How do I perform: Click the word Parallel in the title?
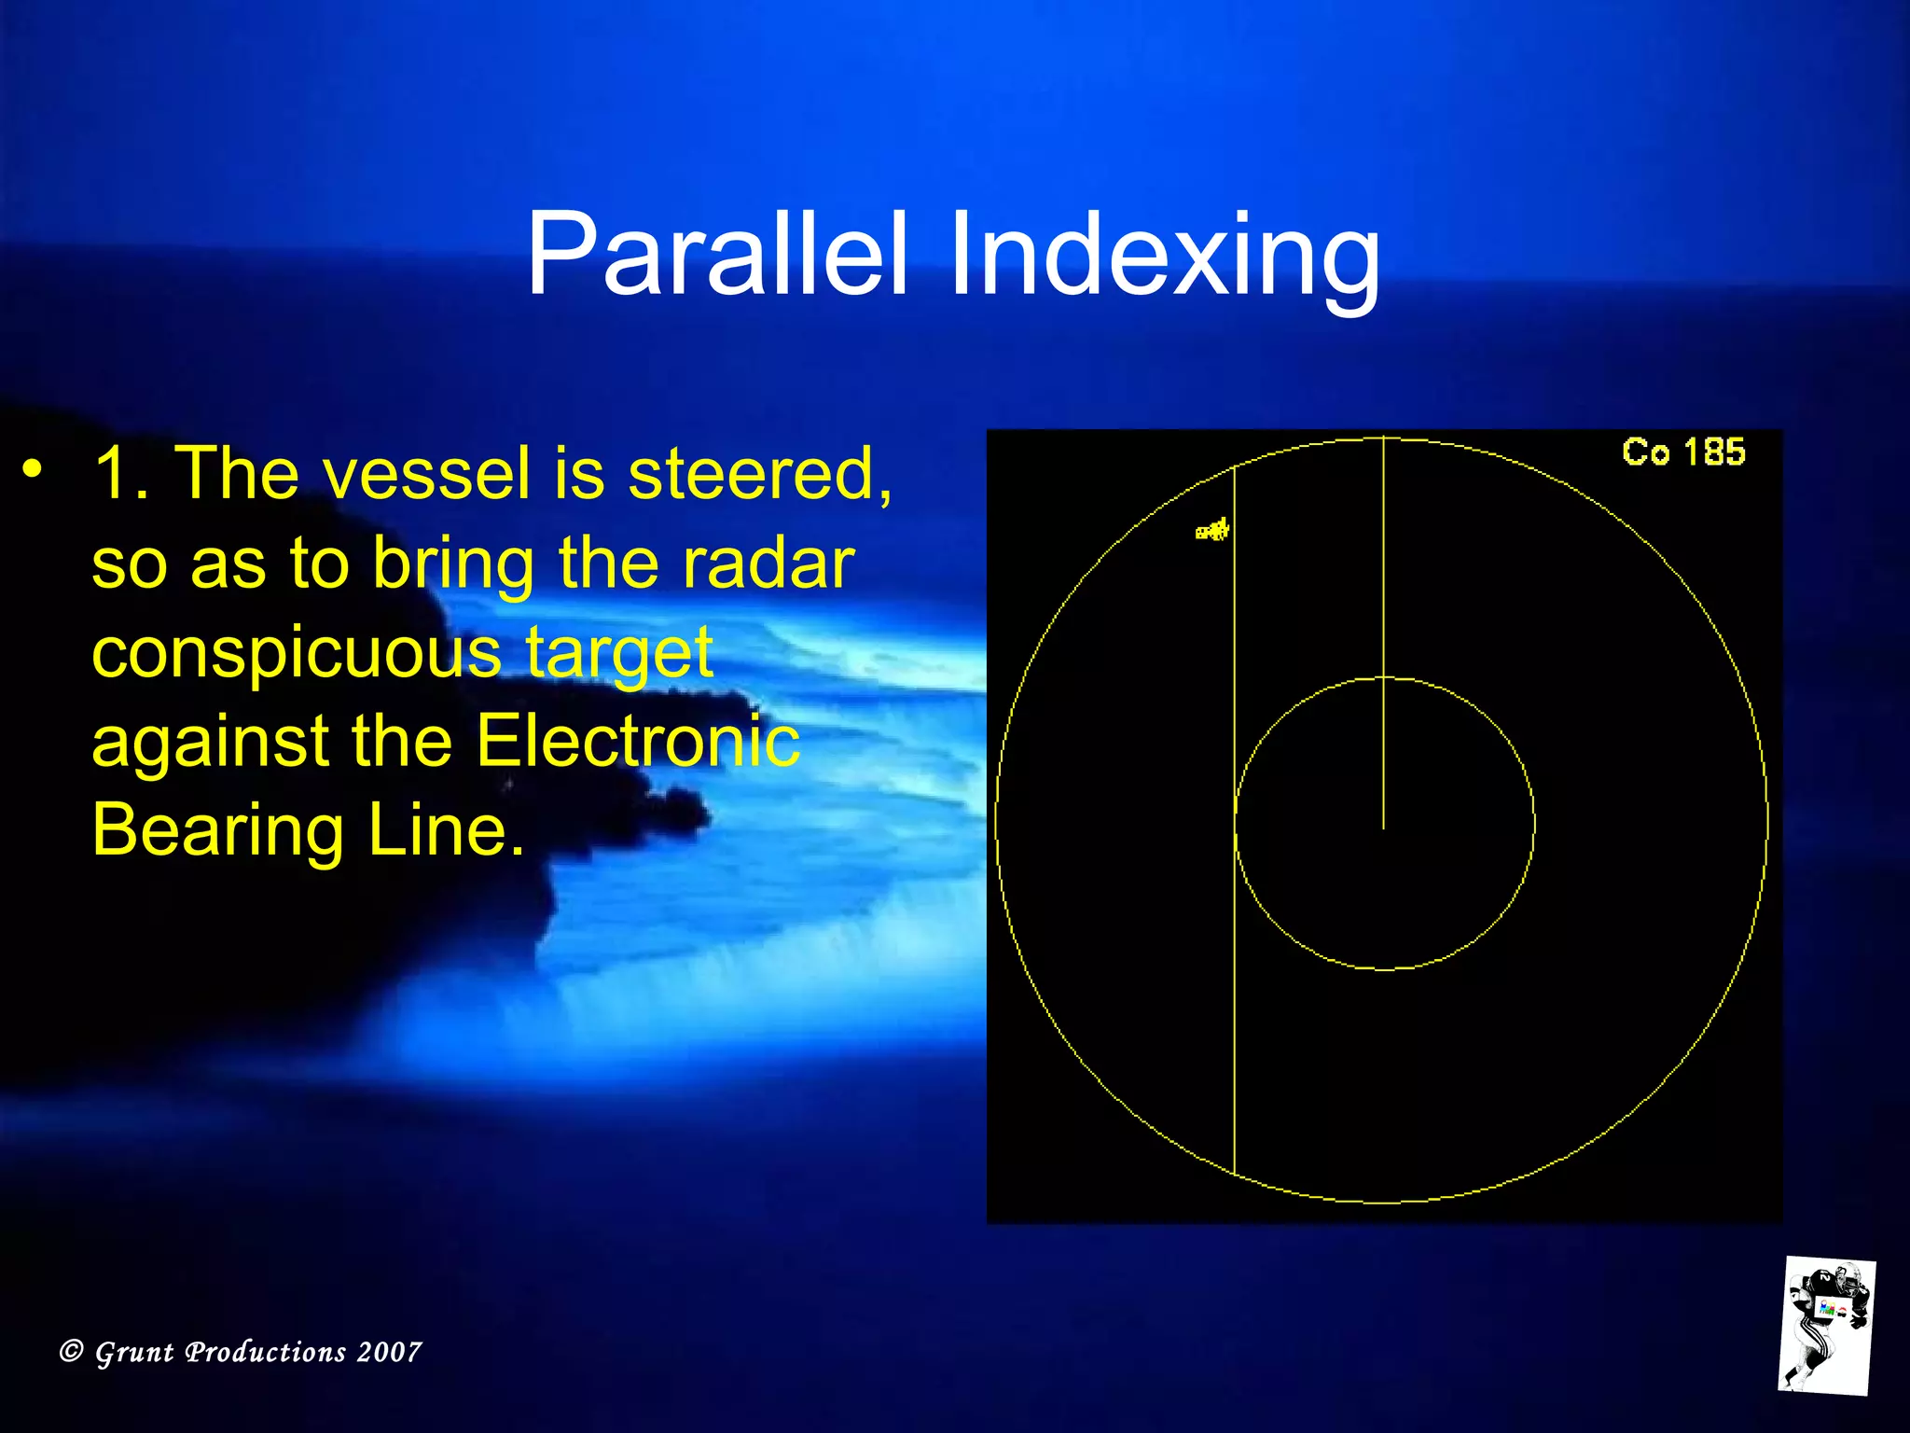pos(716,254)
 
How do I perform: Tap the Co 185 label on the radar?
pos(1683,452)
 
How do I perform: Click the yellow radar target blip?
pos(1212,531)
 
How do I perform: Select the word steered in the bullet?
pos(759,474)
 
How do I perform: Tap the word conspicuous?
pos(297,653)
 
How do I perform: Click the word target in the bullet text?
pos(619,653)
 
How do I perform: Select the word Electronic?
pos(637,742)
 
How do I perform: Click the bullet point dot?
pos(34,468)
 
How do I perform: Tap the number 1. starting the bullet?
pos(121,474)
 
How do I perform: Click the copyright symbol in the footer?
pos(72,1351)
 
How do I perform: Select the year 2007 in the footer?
pos(389,1352)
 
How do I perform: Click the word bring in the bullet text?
pos(452,565)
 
